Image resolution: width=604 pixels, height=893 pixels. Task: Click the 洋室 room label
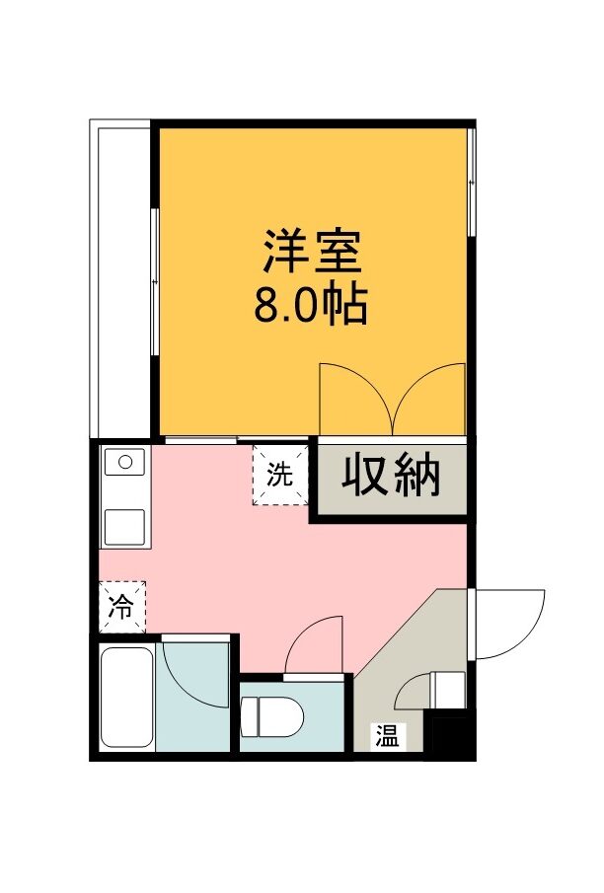click(312, 251)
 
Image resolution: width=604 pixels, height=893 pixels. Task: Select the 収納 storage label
click(391, 475)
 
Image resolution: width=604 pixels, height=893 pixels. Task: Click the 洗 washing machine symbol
click(280, 475)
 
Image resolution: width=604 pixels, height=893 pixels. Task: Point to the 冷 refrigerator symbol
click(122, 607)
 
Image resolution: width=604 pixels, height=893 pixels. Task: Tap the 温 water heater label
click(387, 736)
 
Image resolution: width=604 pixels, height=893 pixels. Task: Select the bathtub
click(127, 699)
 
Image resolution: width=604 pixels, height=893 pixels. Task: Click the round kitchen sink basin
click(126, 462)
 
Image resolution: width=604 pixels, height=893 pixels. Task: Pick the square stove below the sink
click(124, 527)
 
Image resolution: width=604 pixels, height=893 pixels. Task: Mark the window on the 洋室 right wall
click(471, 182)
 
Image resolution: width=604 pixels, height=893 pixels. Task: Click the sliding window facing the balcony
click(154, 282)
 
